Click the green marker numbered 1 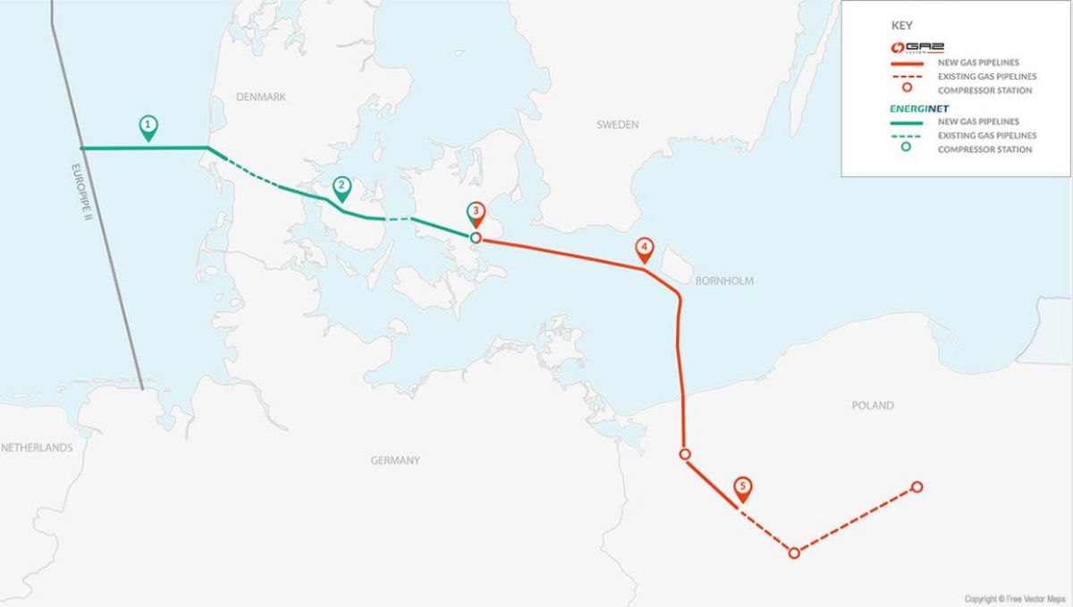pos(148,126)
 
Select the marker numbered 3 pos(477,214)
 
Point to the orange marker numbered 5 pos(742,488)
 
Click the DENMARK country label pos(261,97)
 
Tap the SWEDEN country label pos(618,125)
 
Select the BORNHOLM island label pos(723,281)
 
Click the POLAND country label pos(872,405)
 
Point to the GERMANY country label pos(394,460)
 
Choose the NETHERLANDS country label pos(37,448)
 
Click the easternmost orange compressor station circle pos(917,487)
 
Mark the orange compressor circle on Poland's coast pos(685,454)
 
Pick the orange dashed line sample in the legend pos(906,77)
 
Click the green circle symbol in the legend pos(906,148)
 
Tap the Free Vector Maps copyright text pos(1015,598)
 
